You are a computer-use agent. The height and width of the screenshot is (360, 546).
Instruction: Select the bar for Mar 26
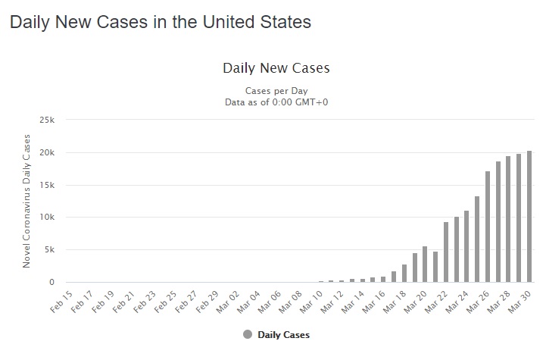[488, 227]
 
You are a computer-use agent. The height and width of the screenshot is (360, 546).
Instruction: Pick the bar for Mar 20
[425, 265]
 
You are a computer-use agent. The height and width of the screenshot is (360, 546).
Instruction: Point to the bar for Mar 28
[509, 219]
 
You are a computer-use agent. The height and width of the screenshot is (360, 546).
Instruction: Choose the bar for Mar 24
[466, 246]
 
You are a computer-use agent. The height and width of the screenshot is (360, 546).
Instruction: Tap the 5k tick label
[49, 250]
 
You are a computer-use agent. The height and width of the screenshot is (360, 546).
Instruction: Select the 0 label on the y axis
[52, 283]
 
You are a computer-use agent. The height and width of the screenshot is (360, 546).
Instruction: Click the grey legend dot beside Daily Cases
[248, 334]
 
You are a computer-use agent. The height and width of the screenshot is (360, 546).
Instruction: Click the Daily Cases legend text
[284, 334]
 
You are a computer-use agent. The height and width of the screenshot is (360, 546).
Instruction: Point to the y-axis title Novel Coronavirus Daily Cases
[27, 201]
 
